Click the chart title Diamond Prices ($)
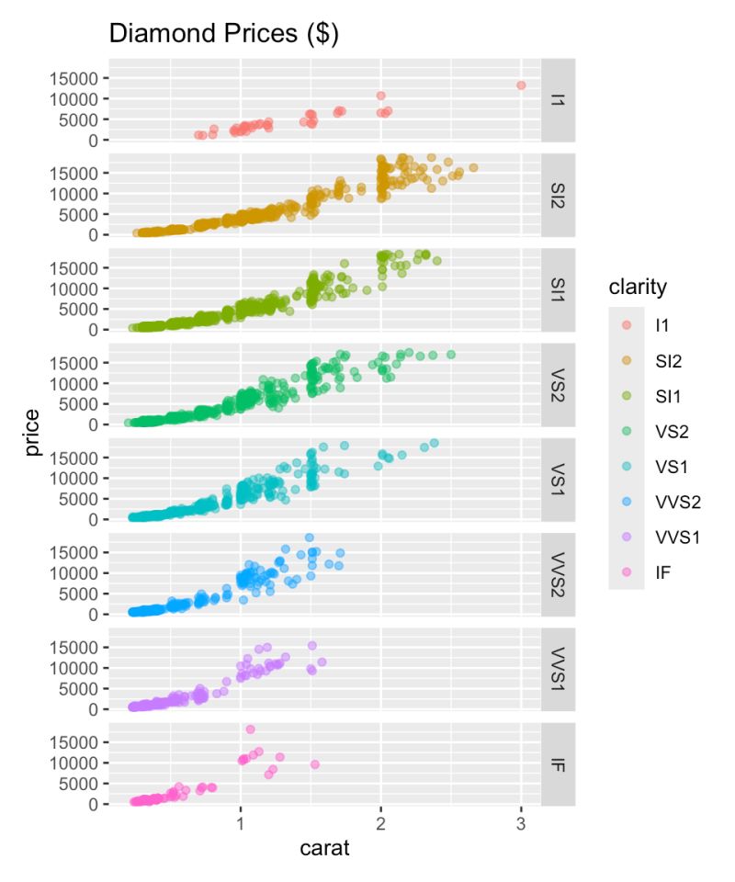click(224, 34)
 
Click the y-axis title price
click(33, 432)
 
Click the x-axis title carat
click(324, 848)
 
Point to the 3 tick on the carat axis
click(521, 823)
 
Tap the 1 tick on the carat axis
click(241, 823)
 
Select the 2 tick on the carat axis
click(380, 823)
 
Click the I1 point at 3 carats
click(521, 85)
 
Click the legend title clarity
click(638, 288)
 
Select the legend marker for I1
click(626, 324)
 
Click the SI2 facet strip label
click(558, 194)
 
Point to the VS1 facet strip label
click(558, 479)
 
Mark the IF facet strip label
click(558, 763)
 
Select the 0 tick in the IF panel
click(92, 805)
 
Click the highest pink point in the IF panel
click(249, 729)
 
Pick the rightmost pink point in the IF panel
click(314, 764)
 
